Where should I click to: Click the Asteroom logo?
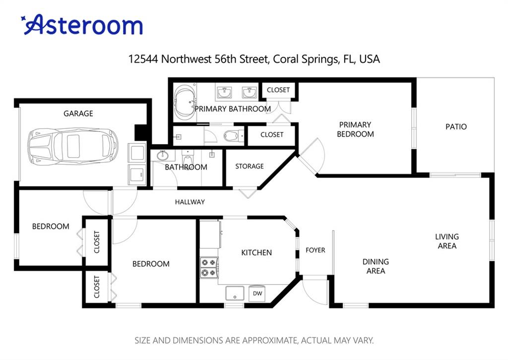pyautogui.click(x=82, y=25)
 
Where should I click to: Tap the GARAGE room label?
pyautogui.click(x=78, y=114)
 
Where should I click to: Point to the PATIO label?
pyautogui.click(x=456, y=126)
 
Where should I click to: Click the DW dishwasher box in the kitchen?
pyautogui.click(x=257, y=294)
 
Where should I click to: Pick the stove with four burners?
pyautogui.click(x=209, y=267)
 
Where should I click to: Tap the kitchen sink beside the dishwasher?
pyautogui.click(x=235, y=294)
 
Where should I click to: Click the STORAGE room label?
pyautogui.click(x=250, y=166)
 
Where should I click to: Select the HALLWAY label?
pyautogui.click(x=190, y=202)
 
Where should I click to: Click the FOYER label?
pyautogui.click(x=315, y=250)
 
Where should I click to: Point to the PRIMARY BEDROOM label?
pyautogui.click(x=355, y=129)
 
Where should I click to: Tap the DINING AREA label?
pyautogui.click(x=376, y=266)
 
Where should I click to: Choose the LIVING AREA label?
pyautogui.click(x=447, y=241)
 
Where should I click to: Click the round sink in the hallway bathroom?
pyautogui.click(x=162, y=156)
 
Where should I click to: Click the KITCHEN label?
pyautogui.click(x=256, y=252)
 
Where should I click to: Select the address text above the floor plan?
pyautogui.click(x=254, y=59)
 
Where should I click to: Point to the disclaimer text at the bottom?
pyautogui.click(x=254, y=341)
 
